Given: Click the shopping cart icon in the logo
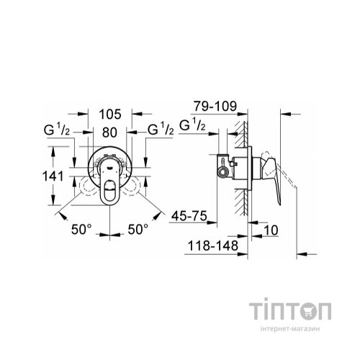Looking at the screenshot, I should (x=307, y=310).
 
